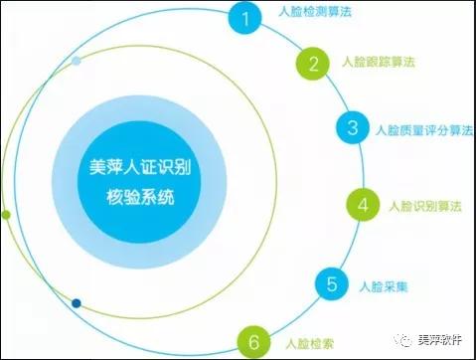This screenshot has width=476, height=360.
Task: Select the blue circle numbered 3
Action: tap(353, 128)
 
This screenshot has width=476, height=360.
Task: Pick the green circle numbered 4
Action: tap(364, 206)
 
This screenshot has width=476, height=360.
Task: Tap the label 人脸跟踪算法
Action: tap(377, 63)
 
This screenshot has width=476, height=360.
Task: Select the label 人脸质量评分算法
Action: tap(421, 129)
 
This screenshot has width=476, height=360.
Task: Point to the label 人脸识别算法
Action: tap(424, 206)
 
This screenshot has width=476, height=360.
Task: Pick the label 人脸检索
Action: tap(307, 343)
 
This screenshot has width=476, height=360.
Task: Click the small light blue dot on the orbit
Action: tap(78, 62)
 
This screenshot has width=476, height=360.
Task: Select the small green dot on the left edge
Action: tap(7, 214)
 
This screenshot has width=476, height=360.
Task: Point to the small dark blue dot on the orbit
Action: tap(77, 302)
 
